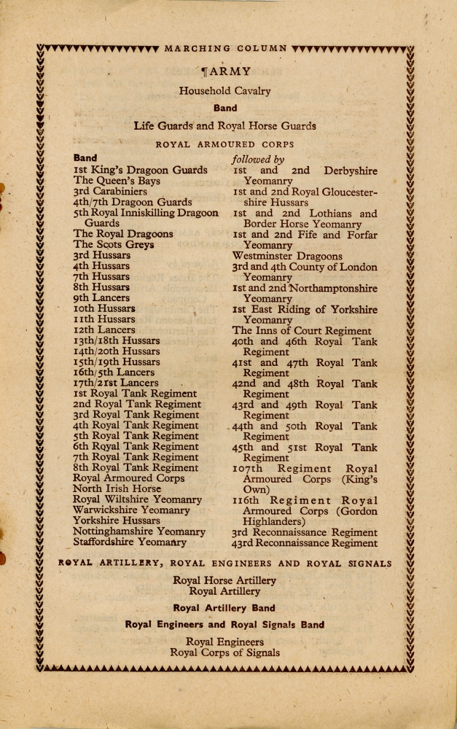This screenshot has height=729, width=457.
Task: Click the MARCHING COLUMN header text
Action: (x=226, y=49)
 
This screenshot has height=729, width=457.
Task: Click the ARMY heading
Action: (x=229, y=71)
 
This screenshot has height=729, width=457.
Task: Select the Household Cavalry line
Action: (x=224, y=91)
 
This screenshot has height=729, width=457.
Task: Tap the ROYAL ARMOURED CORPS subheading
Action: (x=225, y=144)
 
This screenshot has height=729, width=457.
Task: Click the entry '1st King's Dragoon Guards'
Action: (x=140, y=170)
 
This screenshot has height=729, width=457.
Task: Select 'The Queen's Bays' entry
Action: (x=117, y=180)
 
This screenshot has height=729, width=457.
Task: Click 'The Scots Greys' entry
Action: (x=113, y=245)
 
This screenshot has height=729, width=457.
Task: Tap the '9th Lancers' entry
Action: (x=101, y=297)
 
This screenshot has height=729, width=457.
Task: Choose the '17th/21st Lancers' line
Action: (x=116, y=383)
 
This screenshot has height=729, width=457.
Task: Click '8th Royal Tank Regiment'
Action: (x=136, y=468)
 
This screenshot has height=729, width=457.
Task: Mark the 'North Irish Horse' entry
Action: (x=117, y=489)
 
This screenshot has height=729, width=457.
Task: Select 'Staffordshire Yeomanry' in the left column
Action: (x=130, y=542)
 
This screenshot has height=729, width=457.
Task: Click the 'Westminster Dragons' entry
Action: (x=287, y=256)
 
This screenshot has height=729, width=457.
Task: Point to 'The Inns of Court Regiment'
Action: (x=301, y=330)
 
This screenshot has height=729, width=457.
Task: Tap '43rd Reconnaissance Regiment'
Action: (x=305, y=542)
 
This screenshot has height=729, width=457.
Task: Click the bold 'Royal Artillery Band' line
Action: (x=224, y=608)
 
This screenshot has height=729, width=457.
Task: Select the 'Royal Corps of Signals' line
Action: (x=224, y=652)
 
